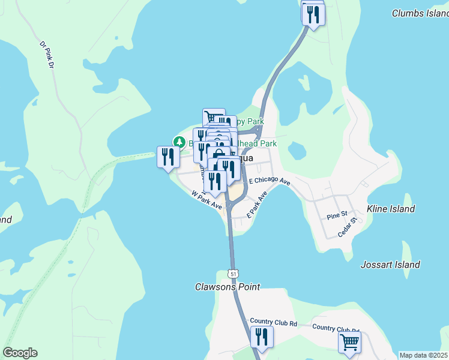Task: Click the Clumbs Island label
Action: (420, 13)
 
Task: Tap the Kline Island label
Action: (391, 209)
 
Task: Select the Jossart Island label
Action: (390, 265)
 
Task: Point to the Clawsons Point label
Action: (228, 287)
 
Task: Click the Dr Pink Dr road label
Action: (47, 55)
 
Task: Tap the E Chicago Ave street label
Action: (270, 181)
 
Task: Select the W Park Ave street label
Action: (207, 200)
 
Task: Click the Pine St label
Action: (337, 215)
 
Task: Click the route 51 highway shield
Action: (233, 274)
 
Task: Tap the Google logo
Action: (20, 353)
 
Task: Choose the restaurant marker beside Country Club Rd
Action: (261, 336)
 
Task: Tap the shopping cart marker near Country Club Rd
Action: (349, 342)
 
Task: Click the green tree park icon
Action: (179, 142)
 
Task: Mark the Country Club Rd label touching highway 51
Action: (274, 323)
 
